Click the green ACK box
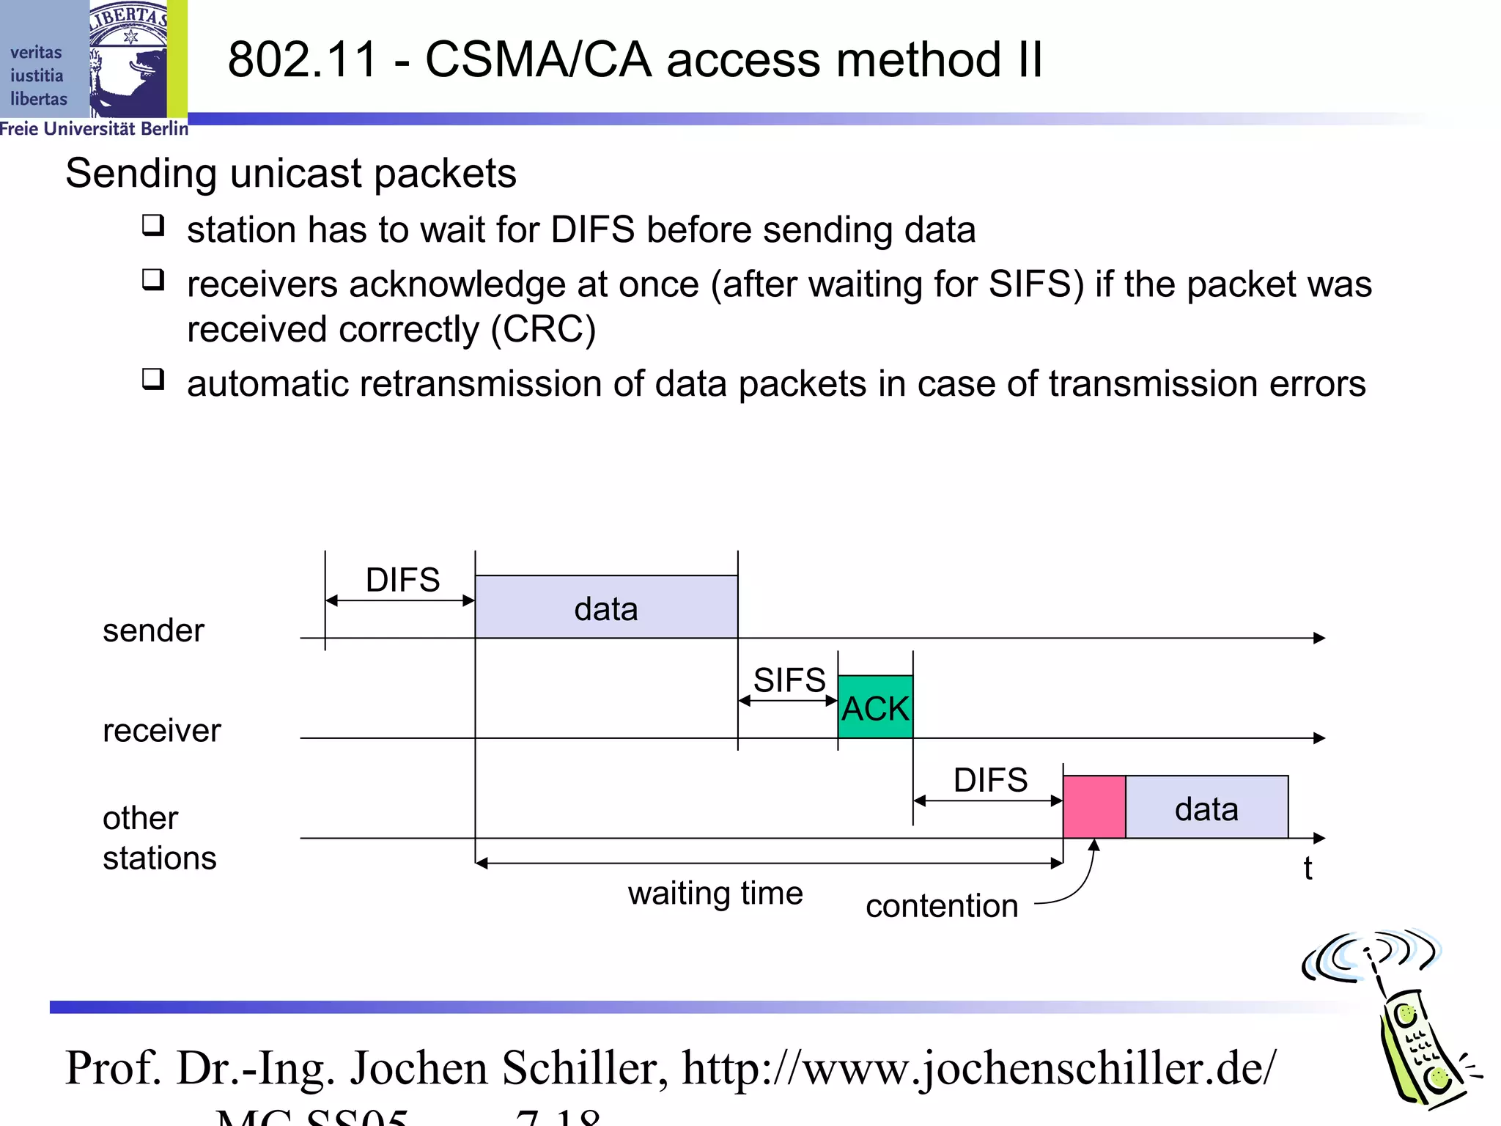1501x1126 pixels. click(x=875, y=707)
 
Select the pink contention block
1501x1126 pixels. click(x=1094, y=806)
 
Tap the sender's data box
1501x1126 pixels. click(x=606, y=607)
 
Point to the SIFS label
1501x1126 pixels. click(x=789, y=680)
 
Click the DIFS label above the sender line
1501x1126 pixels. click(x=402, y=580)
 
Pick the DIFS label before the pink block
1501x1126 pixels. click(x=990, y=780)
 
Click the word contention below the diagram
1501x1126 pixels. click(x=942, y=906)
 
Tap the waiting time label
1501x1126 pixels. click(x=715, y=894)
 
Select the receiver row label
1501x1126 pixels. click(x=161, y=731)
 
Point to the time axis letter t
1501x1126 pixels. click(x=1308, y=869)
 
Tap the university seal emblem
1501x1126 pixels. click(x=129, y=59)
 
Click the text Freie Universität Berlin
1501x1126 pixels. click(x=94, y=129)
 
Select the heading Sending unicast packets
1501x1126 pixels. click(x=291, y=174)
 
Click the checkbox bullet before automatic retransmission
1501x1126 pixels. click(x=153, y=380)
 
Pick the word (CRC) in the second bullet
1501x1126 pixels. click(x=543, y=329)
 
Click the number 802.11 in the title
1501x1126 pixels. click(x=303, y=59)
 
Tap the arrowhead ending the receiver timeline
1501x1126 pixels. click(x=1320, y=738)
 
